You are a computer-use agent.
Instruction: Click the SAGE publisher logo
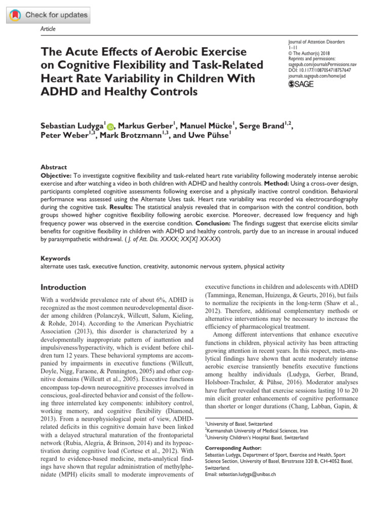tap(301, 84)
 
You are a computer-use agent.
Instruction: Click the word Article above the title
tap(48, 29)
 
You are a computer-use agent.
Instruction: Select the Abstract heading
tap(54, 167)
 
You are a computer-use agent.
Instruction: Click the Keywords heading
tap(55, 258)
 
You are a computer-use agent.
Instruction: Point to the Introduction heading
tap(63, 287)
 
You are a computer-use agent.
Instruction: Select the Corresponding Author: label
tap(233, 448)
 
